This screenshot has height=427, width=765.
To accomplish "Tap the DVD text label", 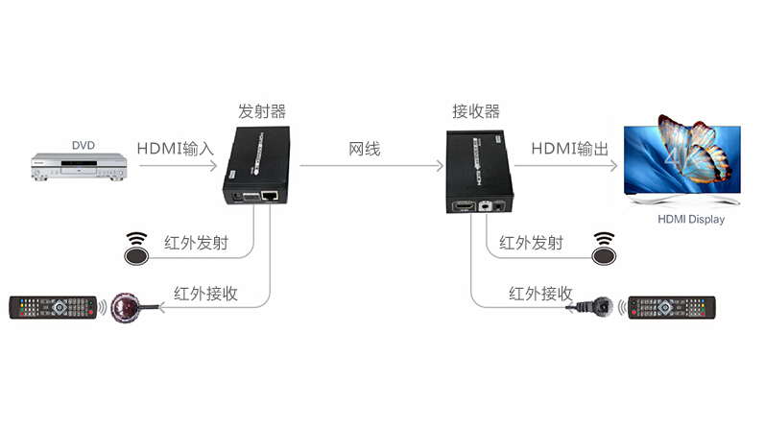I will pos(84,146).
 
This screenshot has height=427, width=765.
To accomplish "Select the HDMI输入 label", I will pos(175,149).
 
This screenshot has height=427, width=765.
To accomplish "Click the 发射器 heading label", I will pos(262,111).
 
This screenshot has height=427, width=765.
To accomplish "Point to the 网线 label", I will pos(365,149).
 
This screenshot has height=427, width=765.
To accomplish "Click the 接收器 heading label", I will pos(476,111).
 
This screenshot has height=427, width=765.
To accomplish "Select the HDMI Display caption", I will pos(691,220).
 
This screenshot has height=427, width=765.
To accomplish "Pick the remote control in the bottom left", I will pos(53,308).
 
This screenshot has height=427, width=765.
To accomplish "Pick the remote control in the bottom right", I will pos(672,308).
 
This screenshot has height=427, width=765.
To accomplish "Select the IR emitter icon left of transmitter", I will pos(137,250).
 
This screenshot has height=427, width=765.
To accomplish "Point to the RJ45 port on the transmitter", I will pos(272,197).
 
